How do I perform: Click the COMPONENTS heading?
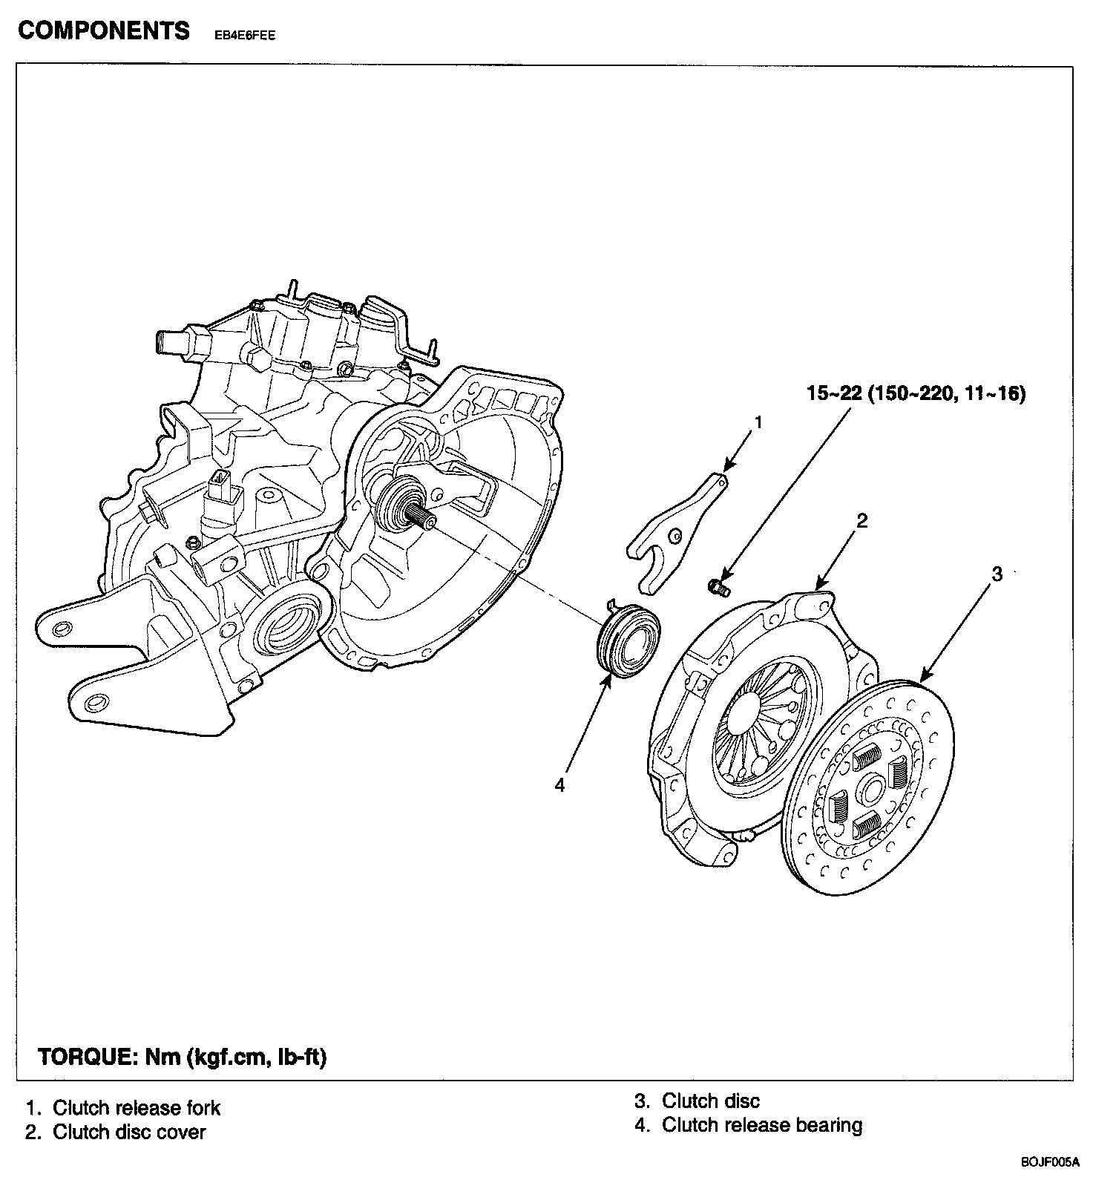pos(103,30)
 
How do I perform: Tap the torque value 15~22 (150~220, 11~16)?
pos(916,393)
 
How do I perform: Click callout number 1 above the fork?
pos(758,422)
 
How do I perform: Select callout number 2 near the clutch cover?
pos(861,520)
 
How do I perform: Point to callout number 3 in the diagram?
pos(997,574)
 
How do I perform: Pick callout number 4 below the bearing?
pos(559,784)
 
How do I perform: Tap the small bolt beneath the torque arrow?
pos(718,589)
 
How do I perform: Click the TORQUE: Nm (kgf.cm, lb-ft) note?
pos(182,1057)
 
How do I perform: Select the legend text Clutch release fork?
pos(137,1108)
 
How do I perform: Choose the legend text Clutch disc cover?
pos(129,1132)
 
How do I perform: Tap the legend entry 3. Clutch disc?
pos(697,1101)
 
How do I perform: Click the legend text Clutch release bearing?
pos(761,1125)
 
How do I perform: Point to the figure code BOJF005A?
pos(1049,1161)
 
